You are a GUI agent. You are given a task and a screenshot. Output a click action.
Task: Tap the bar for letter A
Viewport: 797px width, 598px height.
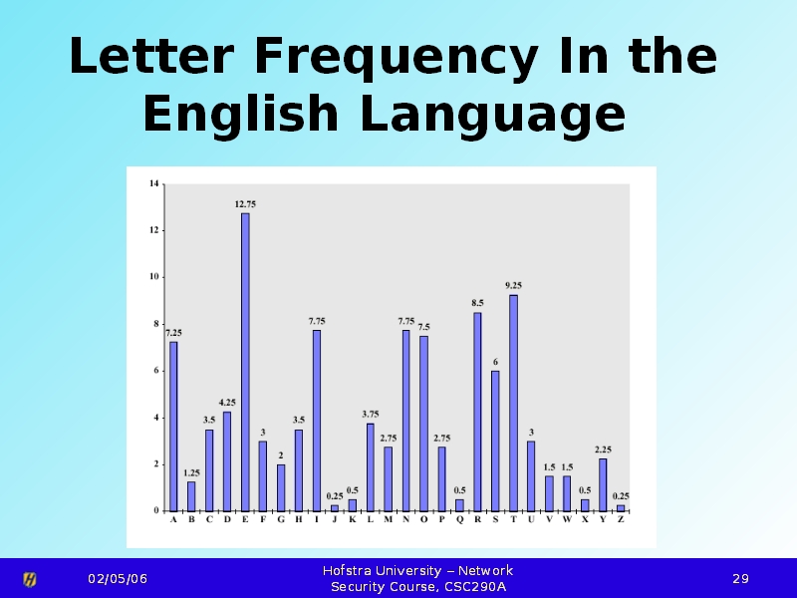click(173, 426)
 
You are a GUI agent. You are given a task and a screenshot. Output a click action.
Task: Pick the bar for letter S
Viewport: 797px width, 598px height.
click(495, 440)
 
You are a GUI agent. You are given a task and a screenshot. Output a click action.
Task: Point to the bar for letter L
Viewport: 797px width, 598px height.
click(370, 466)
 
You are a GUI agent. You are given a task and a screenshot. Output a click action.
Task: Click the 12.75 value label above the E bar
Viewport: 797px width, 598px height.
click(245, 203)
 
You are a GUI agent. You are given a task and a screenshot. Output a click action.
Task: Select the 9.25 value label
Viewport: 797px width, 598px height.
click(513, 285)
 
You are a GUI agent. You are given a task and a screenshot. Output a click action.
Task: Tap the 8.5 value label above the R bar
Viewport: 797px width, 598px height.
click(477, 302)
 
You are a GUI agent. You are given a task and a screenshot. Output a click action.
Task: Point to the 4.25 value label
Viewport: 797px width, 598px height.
click(227, 402)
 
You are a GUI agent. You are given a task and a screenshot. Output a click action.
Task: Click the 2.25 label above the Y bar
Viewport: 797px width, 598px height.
click(603, 448)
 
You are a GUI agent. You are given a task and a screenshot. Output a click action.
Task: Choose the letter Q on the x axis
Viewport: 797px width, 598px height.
click(459, 519)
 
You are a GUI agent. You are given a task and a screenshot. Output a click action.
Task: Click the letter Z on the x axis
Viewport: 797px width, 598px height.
click(621, 519)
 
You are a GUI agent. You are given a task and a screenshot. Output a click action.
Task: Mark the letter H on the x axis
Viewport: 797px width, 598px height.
click(299, 519)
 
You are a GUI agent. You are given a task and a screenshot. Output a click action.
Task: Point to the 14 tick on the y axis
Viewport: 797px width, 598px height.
click(153, 183)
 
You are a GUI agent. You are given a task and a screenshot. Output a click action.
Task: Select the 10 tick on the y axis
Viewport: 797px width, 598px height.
click(153, 277)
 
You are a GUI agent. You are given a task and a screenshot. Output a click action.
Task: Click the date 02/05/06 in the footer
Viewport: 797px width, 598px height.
click(117, 579)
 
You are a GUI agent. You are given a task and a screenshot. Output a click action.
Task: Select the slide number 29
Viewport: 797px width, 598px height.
click(740, 579)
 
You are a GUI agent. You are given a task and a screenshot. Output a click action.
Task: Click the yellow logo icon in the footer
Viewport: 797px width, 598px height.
click(30, 579)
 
